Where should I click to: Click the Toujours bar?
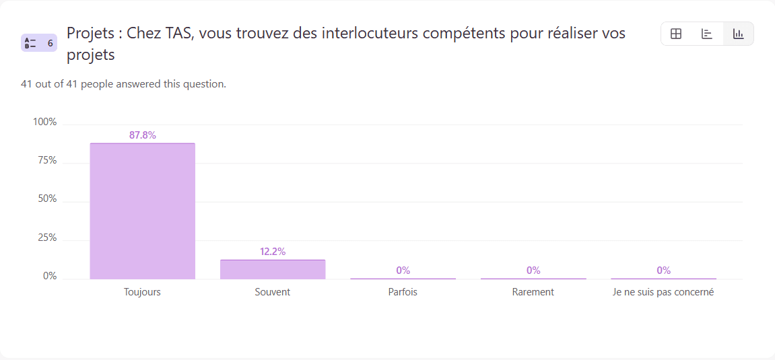[x=142, y=211]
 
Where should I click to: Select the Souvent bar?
[x=273, y=269]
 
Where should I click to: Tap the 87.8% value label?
[x=143, y=135]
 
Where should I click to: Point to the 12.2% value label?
[x=273, y=252]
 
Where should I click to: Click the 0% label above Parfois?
[x=403, y=271]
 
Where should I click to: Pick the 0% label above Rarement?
[x=533, y=271]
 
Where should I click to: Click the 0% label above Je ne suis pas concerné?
[x=664, y=271]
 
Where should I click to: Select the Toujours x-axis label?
[x=142, y=292]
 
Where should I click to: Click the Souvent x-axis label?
[x=273, y=292]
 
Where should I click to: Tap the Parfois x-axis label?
[x=403, y=292]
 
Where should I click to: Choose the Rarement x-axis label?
[x=533, y=292]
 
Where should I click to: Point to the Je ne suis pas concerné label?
[x=663, y=292]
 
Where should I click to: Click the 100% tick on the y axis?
[x=45, y=122]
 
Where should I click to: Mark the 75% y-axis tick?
[x=47, y=161]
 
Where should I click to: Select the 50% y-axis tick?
[x=47, y=200]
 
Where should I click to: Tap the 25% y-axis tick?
[x=47, y=238]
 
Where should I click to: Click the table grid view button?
[x=676, y=34]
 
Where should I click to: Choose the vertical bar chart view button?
[x=739, y=34]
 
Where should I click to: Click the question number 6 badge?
[x=39, y=43]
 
